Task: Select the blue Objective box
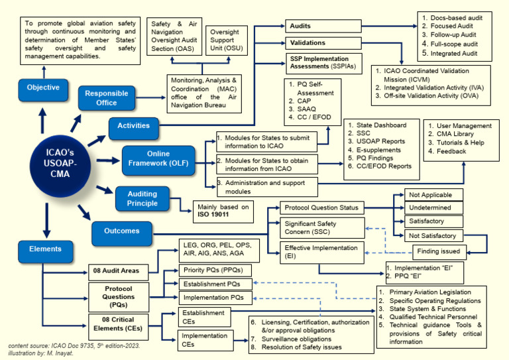[x=43, y=88]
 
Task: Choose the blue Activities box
[x=134, y=125]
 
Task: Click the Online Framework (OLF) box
[x=158, y=161]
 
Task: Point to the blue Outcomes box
[x=122, y=231]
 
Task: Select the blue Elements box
[x=46, y=249]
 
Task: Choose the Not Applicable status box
[x=430, y=195]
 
